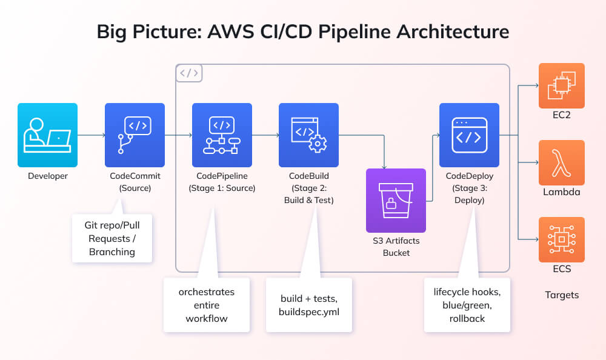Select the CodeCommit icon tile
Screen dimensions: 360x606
(135, 135)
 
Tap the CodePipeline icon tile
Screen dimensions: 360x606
(222, 135)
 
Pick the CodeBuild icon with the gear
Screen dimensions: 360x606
(308, 135)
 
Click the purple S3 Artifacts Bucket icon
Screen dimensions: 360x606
(396, 200)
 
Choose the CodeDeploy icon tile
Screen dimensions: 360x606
(469, 135)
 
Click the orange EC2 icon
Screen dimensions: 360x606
(562, 85)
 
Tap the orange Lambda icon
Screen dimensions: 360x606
(562, 162)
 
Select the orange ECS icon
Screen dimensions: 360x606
(562, 239)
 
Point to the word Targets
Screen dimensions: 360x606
(562, 295)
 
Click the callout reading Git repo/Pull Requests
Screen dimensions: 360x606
(112, 238)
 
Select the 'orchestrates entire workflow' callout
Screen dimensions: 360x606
(206, 305)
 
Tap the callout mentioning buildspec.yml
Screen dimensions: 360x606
(308, 305)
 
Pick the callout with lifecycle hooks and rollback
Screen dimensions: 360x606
(467, 305)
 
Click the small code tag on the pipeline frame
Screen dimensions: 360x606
(189, 73)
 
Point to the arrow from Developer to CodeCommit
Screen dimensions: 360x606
(91, 135)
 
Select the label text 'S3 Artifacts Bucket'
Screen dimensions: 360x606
(396, 247)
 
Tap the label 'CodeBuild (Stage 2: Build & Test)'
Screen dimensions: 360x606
(308, 188)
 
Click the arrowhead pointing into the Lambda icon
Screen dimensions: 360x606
(536, 162)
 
